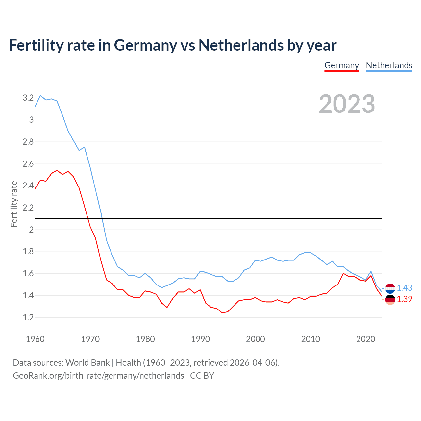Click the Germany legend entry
tap(341, 65)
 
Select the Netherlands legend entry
tap(389, 65)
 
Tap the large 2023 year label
tap(347, 104)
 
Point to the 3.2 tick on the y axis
tap(28, 98)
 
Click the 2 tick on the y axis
tap(31, 230)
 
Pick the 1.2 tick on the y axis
tap(28, 317)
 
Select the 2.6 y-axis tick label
tap(28, 164)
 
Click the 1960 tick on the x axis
tap(35, 339)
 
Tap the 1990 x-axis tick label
tap(200, 339)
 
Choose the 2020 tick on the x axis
tap(365, 339)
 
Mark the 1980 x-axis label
tap(145, 339)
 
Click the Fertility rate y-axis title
tap(14, 204)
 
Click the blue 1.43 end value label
tap(404, 288)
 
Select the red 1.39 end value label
tap(404, 299)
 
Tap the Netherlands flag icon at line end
tap(390, 288)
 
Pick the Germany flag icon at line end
tap(390, 299)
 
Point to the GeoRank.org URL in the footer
tap(98, 376)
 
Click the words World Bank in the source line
tap(87, 363)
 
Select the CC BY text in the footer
tap(202, 376)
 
